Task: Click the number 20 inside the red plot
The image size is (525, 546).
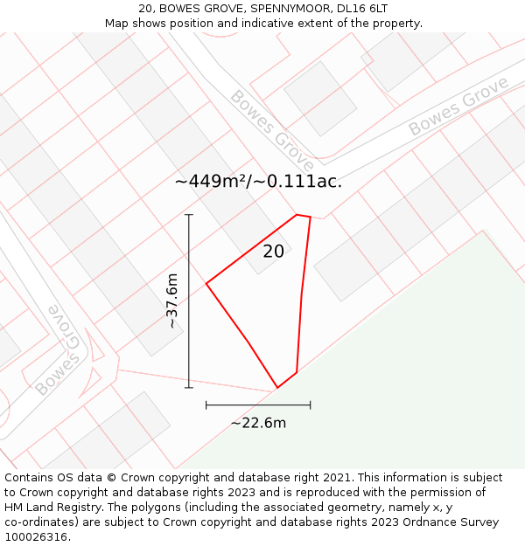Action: click(273, 252)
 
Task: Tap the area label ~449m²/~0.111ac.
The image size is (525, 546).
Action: click(258, 182)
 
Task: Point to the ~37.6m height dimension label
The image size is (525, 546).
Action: click(172, 301)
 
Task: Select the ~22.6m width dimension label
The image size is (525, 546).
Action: click(258, 424)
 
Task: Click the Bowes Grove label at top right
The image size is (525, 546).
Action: click(458, 107)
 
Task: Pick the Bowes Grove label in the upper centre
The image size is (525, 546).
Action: click(272, 130)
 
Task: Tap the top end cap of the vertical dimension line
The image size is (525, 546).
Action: click(189, 214)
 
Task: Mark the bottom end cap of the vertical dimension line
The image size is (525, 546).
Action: click(189, 387)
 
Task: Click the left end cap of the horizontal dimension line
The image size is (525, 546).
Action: click(206, 404)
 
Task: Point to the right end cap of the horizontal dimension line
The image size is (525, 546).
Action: click(310, 404)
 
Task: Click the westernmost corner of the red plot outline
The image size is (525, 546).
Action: click(206, 284)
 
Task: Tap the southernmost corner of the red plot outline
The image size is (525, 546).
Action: click(277, 387)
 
